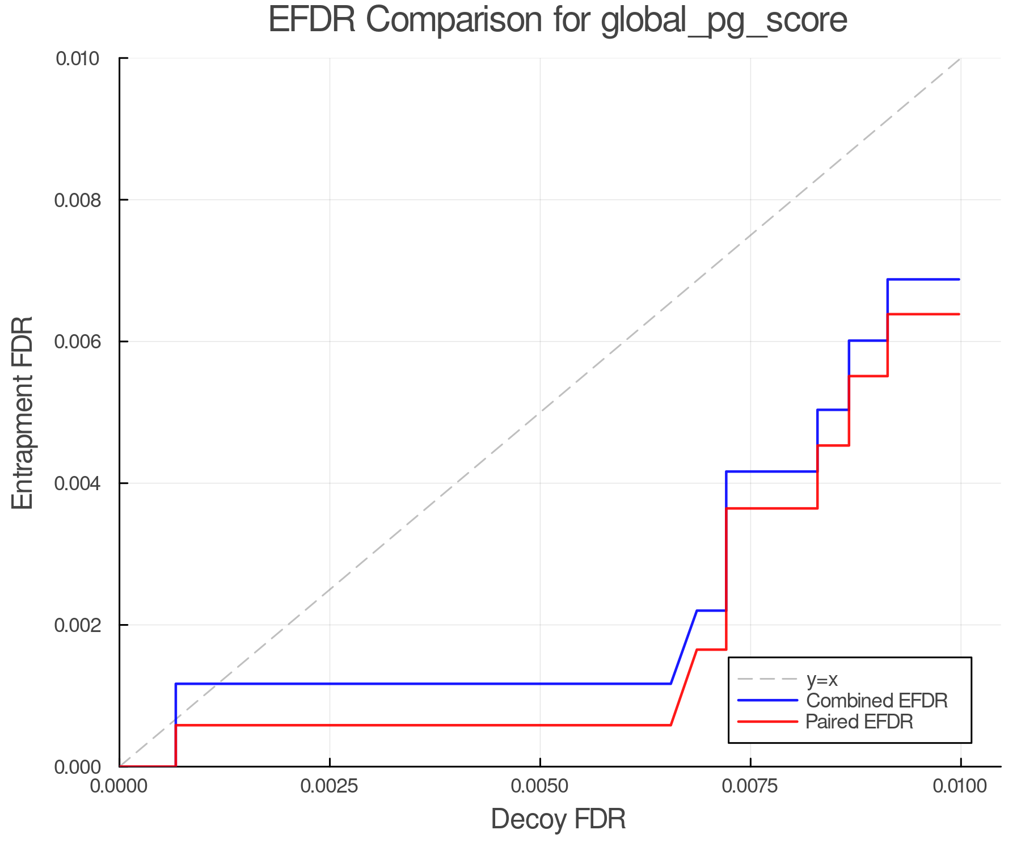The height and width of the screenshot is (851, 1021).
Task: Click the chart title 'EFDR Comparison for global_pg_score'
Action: [558, 20]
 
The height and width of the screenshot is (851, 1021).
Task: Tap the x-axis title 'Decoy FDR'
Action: [558, 819]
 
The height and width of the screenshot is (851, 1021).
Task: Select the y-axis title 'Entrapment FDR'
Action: [23, 412]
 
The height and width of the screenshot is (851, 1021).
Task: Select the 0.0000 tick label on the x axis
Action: [119, 786]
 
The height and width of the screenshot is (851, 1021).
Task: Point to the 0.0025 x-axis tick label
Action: [330, 786]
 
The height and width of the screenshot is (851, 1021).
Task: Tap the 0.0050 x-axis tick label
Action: [540, 786]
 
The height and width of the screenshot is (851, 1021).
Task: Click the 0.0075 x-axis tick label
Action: [750, 786]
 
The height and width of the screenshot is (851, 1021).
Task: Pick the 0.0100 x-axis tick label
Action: [960, 786]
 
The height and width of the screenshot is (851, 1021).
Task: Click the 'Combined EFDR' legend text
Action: [877, 701]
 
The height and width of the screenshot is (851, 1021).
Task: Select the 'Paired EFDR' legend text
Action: [859, 722]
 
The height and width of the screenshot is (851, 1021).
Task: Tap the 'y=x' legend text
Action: [822, 679]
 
